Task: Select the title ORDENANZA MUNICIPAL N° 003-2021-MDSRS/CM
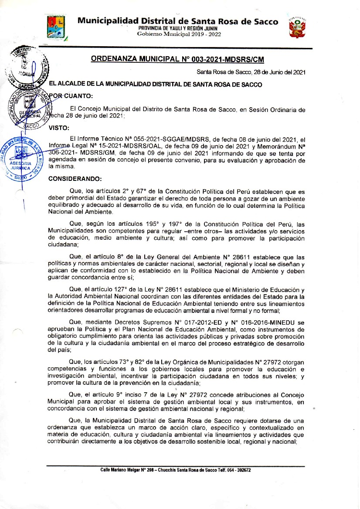coord(177,59)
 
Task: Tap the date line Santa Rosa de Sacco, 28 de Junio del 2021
coord(251,72)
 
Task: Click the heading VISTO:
coord(58,128)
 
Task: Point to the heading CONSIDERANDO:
coord(75,179)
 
